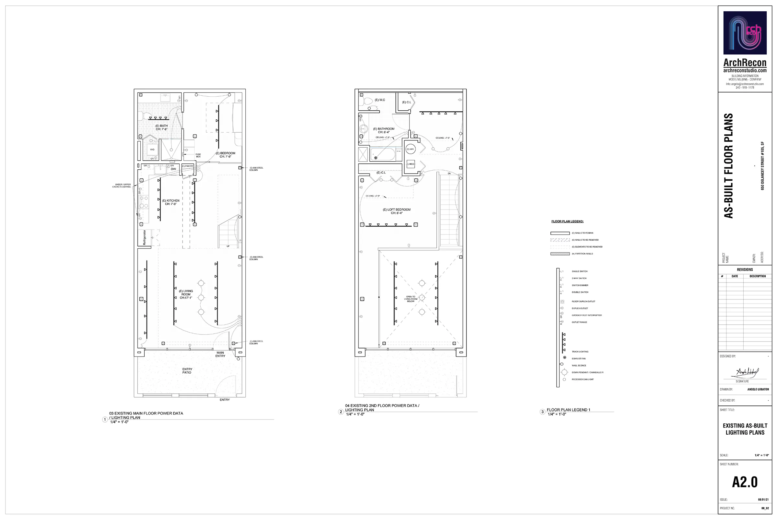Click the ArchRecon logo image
pyautogui.click(x=745, y=33)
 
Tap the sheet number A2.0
pyautogui.click(x=745, y=482)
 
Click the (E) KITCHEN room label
pyautogui.click(x=171, y=202)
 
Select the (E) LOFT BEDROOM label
pyautogui.click(x=396, y=211)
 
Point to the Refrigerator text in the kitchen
pyautogui.click(x=144, y=237)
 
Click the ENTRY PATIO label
pyautogui.click(x=187, y=371)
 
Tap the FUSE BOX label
pyautogui.click(x=198, y=155)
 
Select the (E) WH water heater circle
pyautogui.click(x=410, y=149)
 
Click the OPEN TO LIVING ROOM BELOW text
pyautogui.click(x=410, y=299)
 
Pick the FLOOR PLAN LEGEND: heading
pyautogui.click(x=567, y=222)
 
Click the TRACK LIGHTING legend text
pyautogui.click(x=580, y=352)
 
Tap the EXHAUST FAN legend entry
pyautogui.click(x=579, y=358)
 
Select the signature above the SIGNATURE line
pyautogui.click(x=747, y=373)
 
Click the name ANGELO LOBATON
pyautogui.click(x=758, y=389)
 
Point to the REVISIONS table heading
pyautogui.click(x=745, y=270)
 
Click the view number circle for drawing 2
pyautogui.click(x=341, y=412)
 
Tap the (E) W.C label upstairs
pyautogui.click(x=380, y=100)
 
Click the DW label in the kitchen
pyautogui.click(x=173, y=169)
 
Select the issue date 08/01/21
pyautogui.click(x=763, y=500)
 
